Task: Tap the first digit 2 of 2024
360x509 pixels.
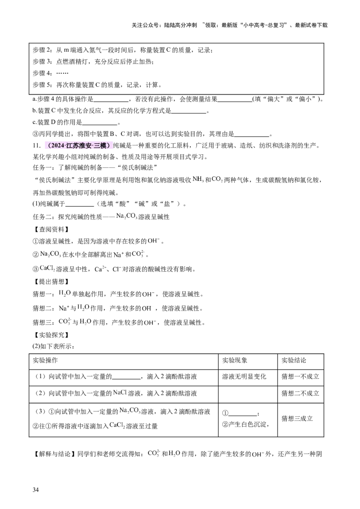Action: click(x=53, y=146)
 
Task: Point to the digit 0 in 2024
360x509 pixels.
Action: click(x=56, y=146)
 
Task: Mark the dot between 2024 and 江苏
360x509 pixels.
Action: click(x=65, y=146)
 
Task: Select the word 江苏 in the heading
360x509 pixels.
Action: click(x=72, y=146)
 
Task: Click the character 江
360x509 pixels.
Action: click(x=69, y=146)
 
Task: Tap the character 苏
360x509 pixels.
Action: click(x=75, y=146)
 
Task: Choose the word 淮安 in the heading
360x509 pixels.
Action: click(x=85, y=146)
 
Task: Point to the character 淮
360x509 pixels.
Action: click(x=81, y=146)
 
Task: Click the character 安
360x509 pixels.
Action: click(x=88, y=146)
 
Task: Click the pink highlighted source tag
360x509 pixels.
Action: click(x=79, y=146)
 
